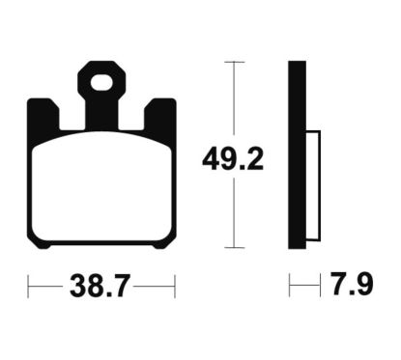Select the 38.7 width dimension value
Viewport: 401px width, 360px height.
click(100, 287)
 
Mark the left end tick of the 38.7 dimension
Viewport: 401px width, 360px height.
click(28, 287)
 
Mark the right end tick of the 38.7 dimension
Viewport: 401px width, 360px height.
click(174, 287)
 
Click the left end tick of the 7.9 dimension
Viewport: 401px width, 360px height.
click(289, 287)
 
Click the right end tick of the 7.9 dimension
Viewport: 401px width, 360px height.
click(319, 287)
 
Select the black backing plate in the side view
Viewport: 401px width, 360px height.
click(297, 154)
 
